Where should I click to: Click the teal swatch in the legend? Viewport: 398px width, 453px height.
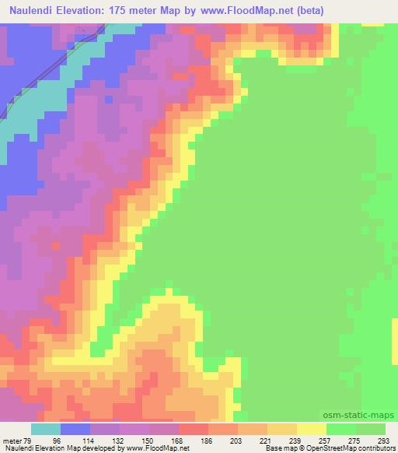click(46, 429)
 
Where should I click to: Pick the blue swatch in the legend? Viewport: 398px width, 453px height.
click(75, 429)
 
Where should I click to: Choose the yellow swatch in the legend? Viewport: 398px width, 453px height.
click(312, 429)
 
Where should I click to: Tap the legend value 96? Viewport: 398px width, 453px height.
click(76, 441)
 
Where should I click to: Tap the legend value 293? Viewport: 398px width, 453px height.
click(385, 441)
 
